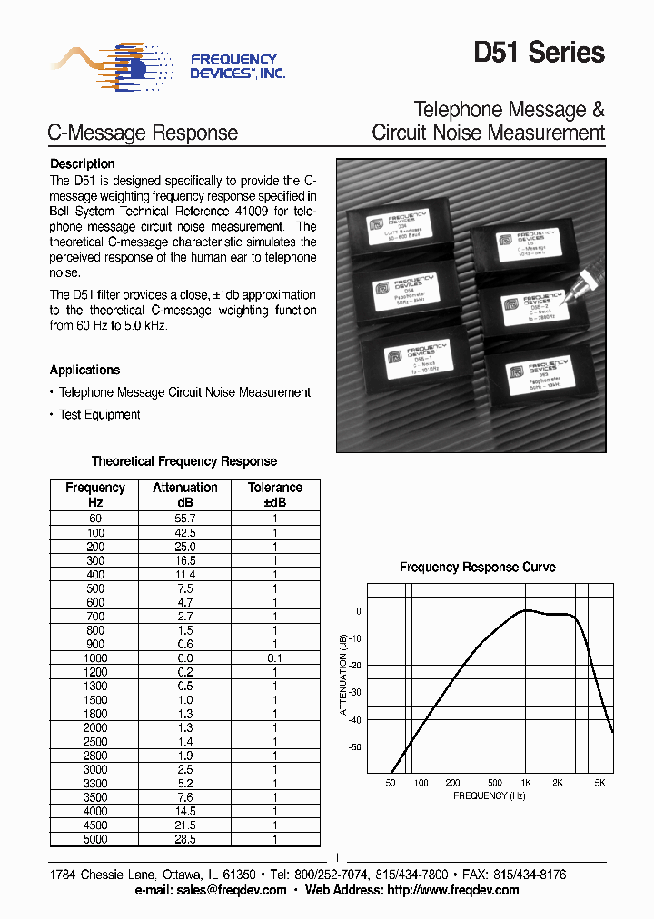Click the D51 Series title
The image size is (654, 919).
(539, 53)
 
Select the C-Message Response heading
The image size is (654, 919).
(143, 133)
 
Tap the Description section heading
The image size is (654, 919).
(82, 164)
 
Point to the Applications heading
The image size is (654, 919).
(84, 370)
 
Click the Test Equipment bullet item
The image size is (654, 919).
(99, 415)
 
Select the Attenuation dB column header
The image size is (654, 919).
(185, 495)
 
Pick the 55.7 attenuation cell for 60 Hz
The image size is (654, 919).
(185, 519)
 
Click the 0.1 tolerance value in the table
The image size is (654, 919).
(274, 657)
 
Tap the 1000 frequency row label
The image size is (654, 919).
(94, 657)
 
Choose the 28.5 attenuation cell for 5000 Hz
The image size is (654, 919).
(185, 839)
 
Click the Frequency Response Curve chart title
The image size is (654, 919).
(478, 567)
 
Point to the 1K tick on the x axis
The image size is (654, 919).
(525, 782)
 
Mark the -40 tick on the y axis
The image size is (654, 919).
(354, 720)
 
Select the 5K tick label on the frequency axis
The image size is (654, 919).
(599, 782)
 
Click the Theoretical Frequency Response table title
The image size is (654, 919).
(184, 461)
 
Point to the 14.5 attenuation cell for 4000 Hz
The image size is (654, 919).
(185, 811)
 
